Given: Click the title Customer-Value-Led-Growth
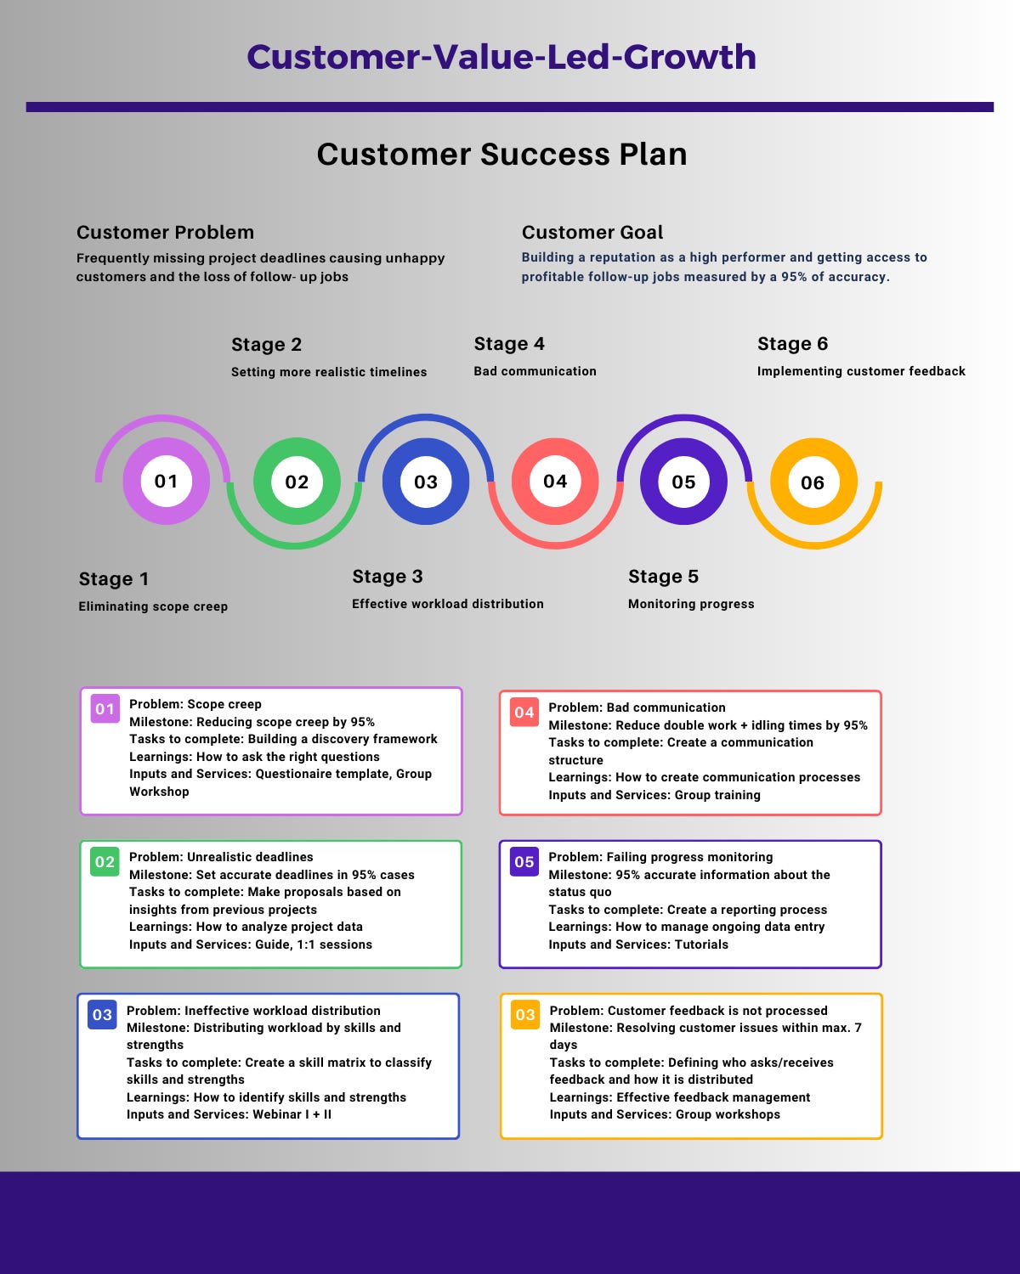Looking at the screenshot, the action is click(x=501, y=57).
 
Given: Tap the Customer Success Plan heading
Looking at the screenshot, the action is click(x=501, y=154).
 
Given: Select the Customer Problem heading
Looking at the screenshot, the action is click(x=166, y=232).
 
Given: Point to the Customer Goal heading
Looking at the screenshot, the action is click(x=592, y=232).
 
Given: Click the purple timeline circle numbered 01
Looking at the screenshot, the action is click(x=166, y=482).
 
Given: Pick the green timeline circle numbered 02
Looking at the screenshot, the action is click(x=297, y=482).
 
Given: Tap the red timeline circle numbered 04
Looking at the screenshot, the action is click(x=555, y=482).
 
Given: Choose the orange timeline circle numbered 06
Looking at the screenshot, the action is click(x=813, y=482).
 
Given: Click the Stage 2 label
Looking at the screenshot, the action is click(x=266, y=345).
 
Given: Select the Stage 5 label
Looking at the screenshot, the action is click(x=663, y=576).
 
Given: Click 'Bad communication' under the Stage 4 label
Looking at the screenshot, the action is click(x=535, y=371).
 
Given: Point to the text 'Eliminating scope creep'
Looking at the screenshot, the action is click(x=153, y=606).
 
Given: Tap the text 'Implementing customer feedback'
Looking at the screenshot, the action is click(x=861, y=371).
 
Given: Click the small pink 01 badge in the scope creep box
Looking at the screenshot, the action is click(x=105, y=708).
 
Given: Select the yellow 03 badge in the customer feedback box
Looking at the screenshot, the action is click(x=525, y=1015).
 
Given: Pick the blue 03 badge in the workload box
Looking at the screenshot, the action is click(x=102, y=1015).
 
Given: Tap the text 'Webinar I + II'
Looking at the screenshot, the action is click(x=292, y=1114).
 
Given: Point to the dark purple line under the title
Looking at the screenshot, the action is click(x=510, y=107).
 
